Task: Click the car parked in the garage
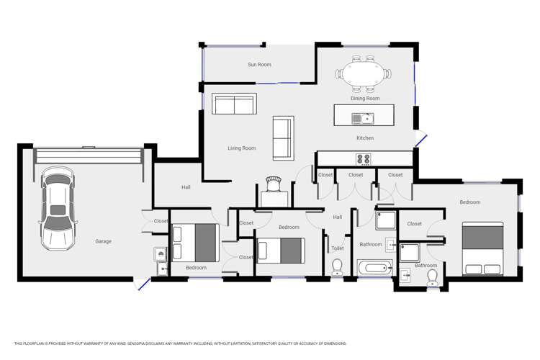coord(57,209)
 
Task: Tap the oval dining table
coord(364,74)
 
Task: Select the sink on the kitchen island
coord(359,117)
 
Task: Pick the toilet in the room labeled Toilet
coord(337,267)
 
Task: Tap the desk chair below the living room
coord(273,184)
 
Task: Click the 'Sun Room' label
coord(259,65)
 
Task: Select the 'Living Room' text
coord(242,148)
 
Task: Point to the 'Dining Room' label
coord(365,99)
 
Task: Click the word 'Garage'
coord(104,241)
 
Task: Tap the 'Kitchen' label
coord(365,138)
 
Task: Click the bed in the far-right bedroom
coord(482,248)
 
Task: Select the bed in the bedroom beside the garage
coord(195,243)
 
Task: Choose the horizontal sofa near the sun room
coord(234,104)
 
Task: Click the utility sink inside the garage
coord(160,254)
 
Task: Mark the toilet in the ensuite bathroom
coord(433,279)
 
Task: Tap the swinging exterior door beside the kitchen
coord(421,140)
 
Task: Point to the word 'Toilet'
coord(337,248)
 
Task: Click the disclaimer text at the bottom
coord(180,343)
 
